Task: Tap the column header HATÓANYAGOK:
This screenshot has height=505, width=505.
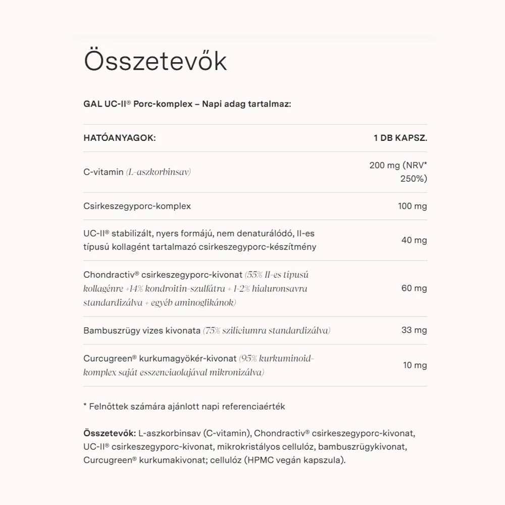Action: point(119,138)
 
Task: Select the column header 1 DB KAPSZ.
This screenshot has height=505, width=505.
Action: point(400,138)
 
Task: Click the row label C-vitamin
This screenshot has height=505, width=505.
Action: point(103,172)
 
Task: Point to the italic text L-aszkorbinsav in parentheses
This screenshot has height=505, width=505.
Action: point(158,172)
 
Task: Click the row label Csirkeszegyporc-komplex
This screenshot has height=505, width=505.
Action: point(137,206)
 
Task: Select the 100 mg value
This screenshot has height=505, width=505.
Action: point(412,206)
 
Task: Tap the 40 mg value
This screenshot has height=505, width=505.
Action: point(414,240)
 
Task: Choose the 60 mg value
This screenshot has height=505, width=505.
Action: point(414,288)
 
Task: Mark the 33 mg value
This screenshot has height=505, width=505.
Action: point(414,330)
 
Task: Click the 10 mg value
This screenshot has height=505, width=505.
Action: point(414,365)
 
